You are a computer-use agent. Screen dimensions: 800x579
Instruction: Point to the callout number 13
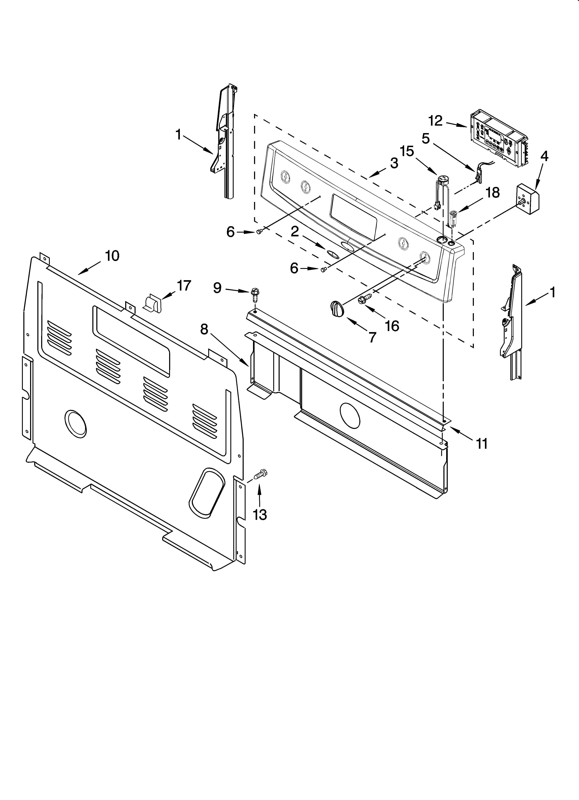coord(260,515)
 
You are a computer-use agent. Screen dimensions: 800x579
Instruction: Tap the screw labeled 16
coord(363,300)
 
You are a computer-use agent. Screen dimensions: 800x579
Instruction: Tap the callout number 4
coord(544,156)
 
